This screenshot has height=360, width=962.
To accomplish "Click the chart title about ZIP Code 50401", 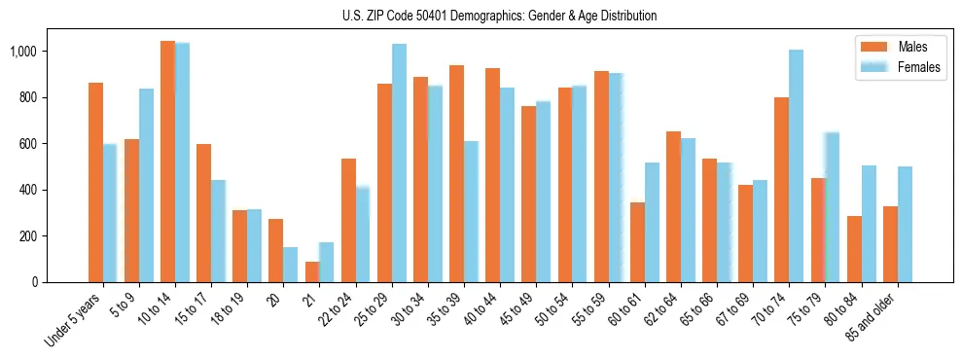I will (499, 16).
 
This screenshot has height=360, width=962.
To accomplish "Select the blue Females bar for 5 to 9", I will (146, 186).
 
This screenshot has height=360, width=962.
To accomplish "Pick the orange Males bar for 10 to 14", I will (167, 162).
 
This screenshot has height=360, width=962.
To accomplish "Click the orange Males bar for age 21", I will (312, 272).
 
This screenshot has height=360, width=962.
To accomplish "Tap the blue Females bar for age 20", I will (291, 265).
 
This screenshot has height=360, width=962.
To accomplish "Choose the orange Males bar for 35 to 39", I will (456, 174).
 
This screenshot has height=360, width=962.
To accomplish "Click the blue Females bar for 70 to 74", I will (797, 166).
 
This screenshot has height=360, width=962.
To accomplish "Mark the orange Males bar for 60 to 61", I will (637, 242).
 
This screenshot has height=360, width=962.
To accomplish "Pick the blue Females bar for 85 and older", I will (905, 225).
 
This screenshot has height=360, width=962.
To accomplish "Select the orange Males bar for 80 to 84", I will (854, 249).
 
